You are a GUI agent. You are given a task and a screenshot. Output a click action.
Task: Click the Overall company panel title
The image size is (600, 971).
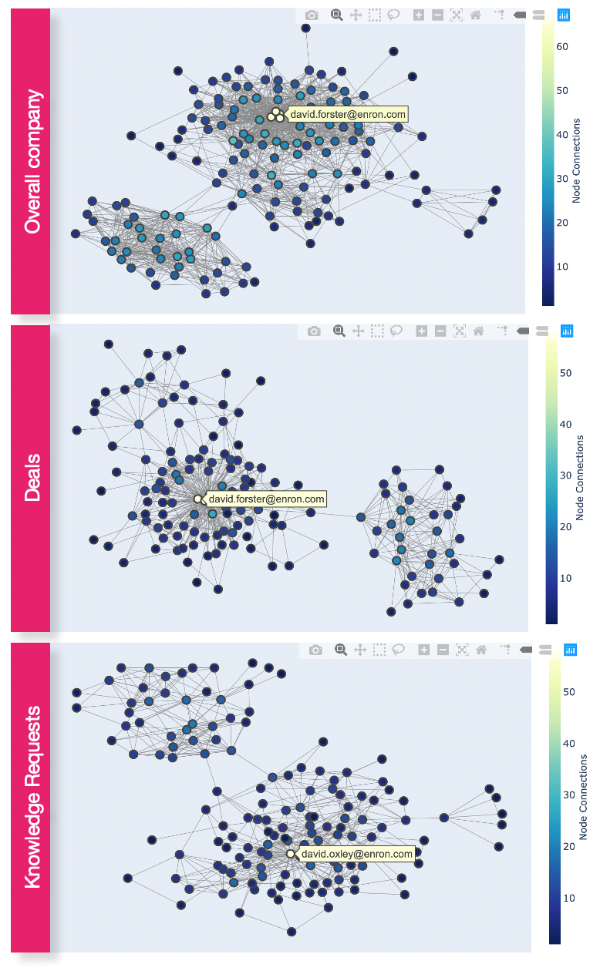pyautogui.click(x=32, y=162)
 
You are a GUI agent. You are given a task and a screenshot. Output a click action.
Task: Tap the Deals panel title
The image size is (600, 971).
pyautogui.click(x=32, y=478)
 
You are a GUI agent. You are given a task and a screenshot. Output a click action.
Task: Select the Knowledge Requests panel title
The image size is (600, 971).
pyautogui.click(x=32, y=798)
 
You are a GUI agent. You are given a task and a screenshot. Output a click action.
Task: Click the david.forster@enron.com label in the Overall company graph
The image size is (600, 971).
pyautogui.click(x=348, y=114)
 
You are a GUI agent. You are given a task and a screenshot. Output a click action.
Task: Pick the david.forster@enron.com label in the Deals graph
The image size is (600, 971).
pyautogui.click(x=266, y=499)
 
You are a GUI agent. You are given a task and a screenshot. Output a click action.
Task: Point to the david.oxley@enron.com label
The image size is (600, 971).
pyautogui.click(x=357, y=854)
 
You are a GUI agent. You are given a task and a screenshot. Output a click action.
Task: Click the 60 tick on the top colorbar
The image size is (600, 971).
pyautogui.click(x=562, y=46)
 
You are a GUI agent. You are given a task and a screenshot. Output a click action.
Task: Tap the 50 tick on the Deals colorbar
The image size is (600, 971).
pyautogui.click(x=565, y=373)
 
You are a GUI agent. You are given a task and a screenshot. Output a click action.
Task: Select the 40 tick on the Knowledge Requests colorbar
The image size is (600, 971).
pyautogui.click(x=569, y=744)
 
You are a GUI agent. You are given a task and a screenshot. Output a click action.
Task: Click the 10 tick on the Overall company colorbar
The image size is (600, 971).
pyautogui.click(x=562, y=267)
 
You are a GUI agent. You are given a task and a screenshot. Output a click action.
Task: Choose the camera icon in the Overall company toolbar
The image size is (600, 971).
pyautogui.click(x=312, y=15)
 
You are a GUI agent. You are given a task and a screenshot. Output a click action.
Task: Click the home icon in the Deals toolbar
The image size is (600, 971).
pyautogui.click(x=478, y=331)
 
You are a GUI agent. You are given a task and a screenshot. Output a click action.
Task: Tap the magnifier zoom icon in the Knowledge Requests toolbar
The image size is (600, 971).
pyautogui.click(x=340, y=650)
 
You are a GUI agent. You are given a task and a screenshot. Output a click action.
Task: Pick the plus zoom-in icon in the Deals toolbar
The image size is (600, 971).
pyautogui.click(x=421, y=331)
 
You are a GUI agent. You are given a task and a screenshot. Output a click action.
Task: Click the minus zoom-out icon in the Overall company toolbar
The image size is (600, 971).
pyautogui.click(x=437, y=15)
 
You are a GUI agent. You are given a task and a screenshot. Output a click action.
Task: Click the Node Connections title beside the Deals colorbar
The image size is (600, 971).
pyautogui.click(x=580, y=478)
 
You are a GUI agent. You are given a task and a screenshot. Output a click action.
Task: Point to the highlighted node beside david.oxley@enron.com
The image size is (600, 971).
pyautogui.click(x=291, y=854)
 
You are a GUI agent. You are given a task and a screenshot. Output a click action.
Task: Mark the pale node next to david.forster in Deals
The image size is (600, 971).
pyautogui.click(x=198, y=499)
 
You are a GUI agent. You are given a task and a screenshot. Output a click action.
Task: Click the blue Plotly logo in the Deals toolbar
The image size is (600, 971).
pyautogui.click(x=567, y=331)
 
